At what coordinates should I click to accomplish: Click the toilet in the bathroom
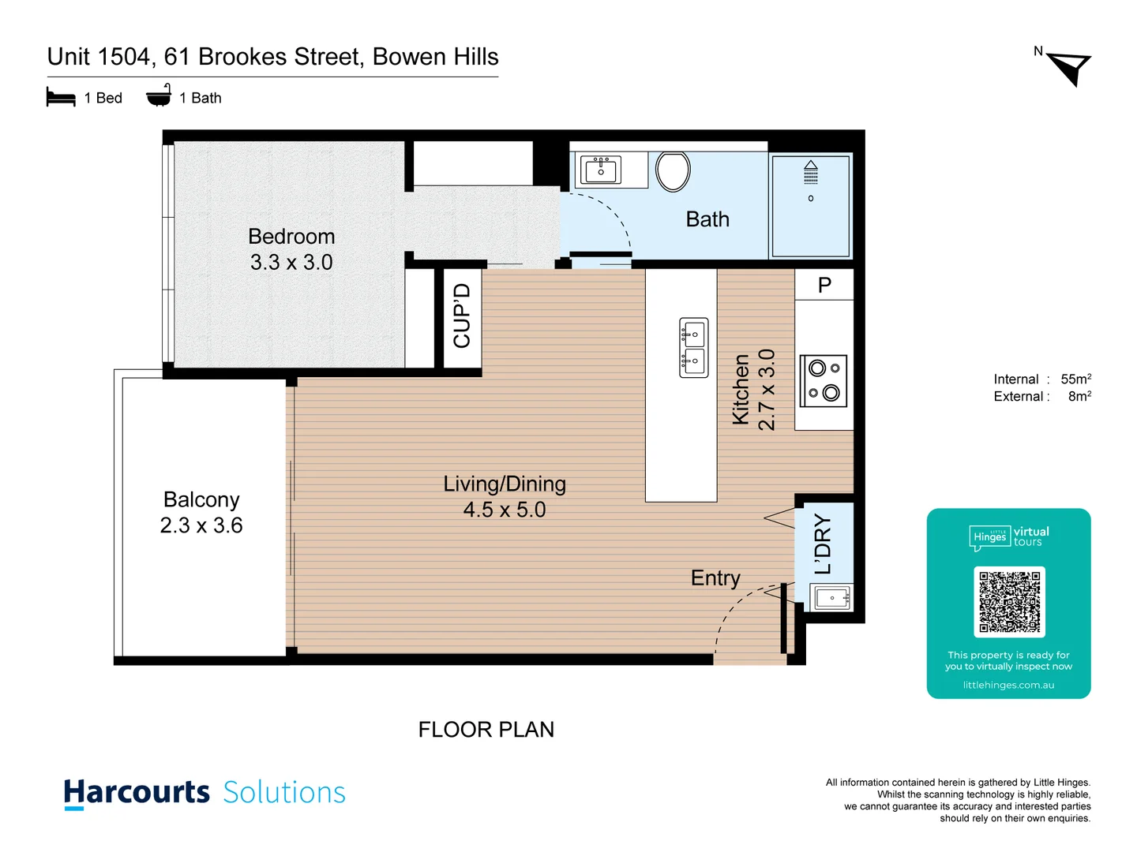click(x=673, y=171)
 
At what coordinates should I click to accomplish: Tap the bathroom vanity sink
click(x=601, y=170)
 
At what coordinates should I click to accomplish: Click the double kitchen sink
click(x=694, y=348)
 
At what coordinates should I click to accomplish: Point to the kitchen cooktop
click(x=824, y=381)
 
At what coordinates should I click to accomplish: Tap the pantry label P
click(x=824, y=285)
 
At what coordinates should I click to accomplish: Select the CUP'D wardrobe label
click(x=462, y=316)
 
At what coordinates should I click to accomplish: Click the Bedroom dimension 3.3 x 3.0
click(x=291, y=263)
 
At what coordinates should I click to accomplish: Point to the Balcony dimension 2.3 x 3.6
click(x=201, y=525)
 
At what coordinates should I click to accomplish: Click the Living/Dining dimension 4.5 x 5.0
click(x=505, y=510)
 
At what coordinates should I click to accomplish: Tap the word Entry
click(x=715, y=578)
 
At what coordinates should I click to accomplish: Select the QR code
click(x=1009, y=602)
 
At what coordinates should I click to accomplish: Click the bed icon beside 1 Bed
click(x=61, y=98)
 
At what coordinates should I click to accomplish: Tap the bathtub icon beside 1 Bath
click(x=159, y=96)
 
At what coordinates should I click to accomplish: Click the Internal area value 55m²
click(x=1075, y=379)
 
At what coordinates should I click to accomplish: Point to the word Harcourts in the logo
click(x=137, y=792)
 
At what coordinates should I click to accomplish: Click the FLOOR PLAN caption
click(x=486, y=730)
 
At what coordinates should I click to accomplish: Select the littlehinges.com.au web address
click(x=1008, y=685)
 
